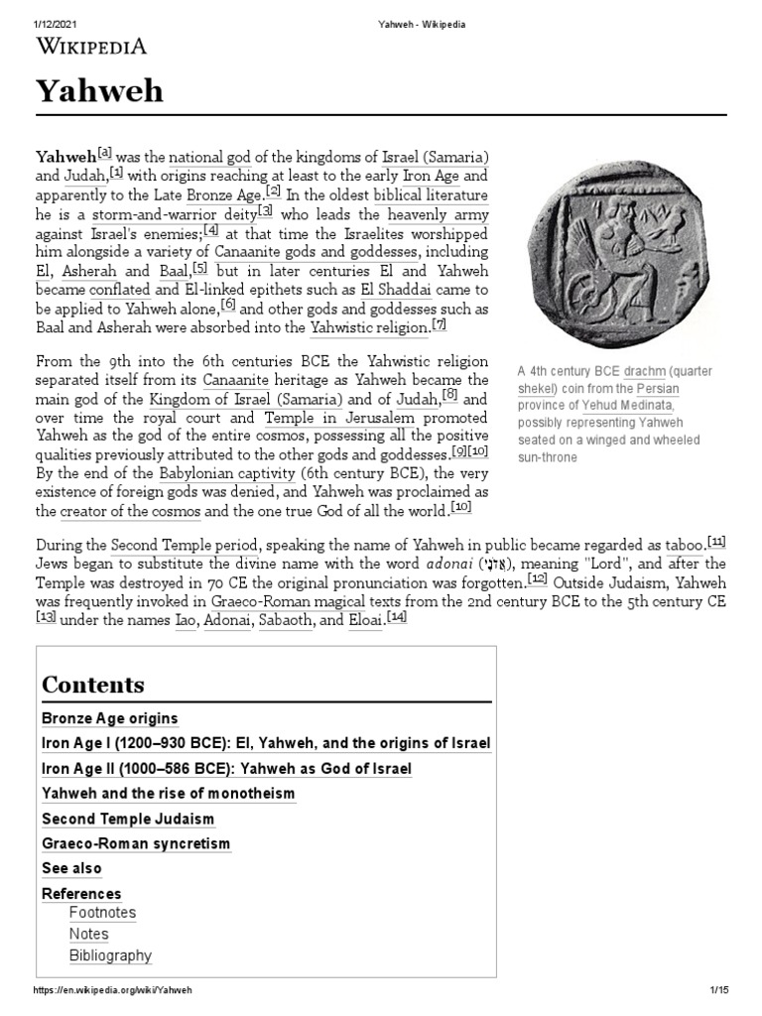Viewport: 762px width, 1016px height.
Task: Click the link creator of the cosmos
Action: (130, 511)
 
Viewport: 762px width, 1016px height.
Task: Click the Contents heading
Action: (92, 685)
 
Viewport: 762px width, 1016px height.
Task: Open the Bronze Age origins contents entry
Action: (109, 718)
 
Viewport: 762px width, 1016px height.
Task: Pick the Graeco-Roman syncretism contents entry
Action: (135, 844)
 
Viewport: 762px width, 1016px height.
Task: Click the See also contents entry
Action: (71, 869)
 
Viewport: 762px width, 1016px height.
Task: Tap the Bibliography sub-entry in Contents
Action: (110, 956)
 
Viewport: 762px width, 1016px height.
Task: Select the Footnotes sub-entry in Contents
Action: (102, 913)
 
